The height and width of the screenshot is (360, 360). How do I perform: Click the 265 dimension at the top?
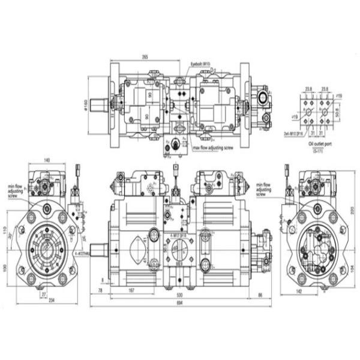tap(145, 57)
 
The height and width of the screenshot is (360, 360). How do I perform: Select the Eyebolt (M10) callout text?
tap(200, 63)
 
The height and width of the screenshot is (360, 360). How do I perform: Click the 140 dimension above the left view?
tap(46, 160)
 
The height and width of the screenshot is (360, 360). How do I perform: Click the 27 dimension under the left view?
tap(43, 295)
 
